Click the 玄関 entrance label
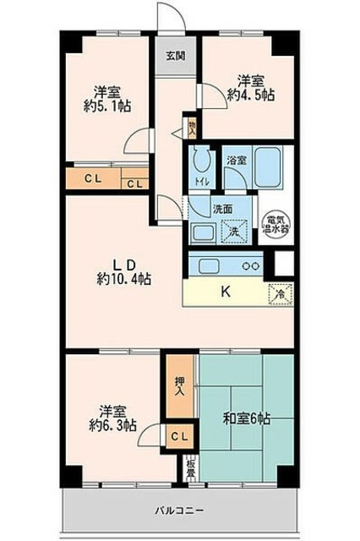click(x=175, y=57)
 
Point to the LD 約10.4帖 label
click(x=123, y=270)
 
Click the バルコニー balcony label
click(x=179, y=510)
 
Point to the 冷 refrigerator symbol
click(x=282, y=295)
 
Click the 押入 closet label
click(x=178, y=390)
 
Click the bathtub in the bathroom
click(x=268, y=170)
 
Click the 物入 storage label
click(x=193, y=128)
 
